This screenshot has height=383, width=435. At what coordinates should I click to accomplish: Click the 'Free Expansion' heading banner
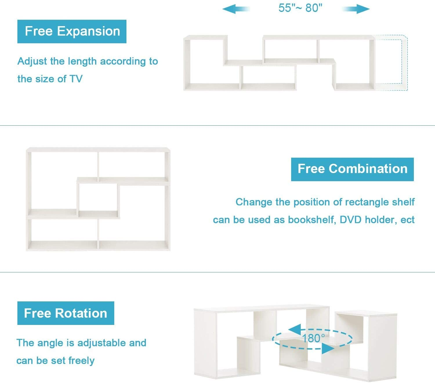pos(72,31)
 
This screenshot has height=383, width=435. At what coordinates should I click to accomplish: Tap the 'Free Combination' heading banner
pos(352,169)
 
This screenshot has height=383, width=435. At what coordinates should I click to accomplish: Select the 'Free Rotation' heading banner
pos(66,313)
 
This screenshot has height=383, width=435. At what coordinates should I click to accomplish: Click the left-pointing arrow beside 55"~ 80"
pos(236,9)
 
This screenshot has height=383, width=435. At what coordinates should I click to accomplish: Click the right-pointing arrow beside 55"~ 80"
pos(356,9)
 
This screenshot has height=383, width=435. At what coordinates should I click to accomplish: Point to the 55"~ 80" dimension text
pos(300,8)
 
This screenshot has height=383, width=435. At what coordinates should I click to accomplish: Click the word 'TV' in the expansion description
pos(76,79)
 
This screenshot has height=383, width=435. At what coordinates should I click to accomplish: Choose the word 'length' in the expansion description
pos(82,62)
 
